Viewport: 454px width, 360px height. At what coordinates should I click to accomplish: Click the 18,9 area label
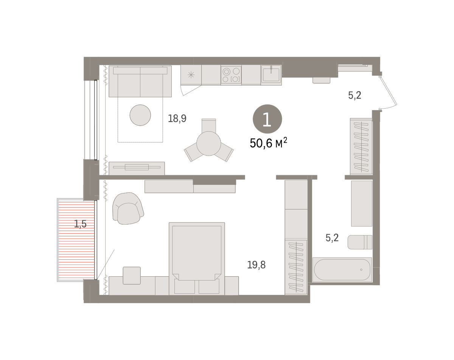[177, 118]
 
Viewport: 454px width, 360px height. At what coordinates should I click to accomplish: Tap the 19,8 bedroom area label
[256, 265]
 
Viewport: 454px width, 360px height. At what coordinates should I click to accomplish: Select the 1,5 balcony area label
[80, 224]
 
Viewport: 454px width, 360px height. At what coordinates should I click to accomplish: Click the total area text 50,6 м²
[268, 143]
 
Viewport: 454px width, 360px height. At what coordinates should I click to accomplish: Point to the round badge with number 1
[267, 119]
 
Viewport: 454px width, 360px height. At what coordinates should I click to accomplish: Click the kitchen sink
[271, 75]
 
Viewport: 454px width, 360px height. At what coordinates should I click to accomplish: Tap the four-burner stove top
[231, 75]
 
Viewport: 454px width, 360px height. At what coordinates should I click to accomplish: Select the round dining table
[208, 143]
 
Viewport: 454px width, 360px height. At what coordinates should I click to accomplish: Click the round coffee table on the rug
[140, 115]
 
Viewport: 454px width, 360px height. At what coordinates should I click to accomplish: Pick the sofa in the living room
[140, 81]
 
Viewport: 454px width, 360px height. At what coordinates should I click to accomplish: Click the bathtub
[342, 270]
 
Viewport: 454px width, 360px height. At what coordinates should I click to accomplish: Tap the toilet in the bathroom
[360, 242]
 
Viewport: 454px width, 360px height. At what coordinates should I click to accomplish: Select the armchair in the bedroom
[128, 208]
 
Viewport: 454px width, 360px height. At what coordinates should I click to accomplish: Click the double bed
[197, 259]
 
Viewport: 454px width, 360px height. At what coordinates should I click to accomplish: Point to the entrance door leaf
[389, 92]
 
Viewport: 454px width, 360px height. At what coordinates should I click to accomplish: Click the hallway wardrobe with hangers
[361, 146]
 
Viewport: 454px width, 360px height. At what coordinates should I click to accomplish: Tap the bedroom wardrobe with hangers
[296, 267]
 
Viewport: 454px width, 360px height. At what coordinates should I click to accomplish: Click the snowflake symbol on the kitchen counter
[191, 75]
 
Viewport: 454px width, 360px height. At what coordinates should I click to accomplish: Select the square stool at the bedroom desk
[132, 276]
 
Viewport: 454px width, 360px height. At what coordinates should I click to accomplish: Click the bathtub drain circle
[361, 270]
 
